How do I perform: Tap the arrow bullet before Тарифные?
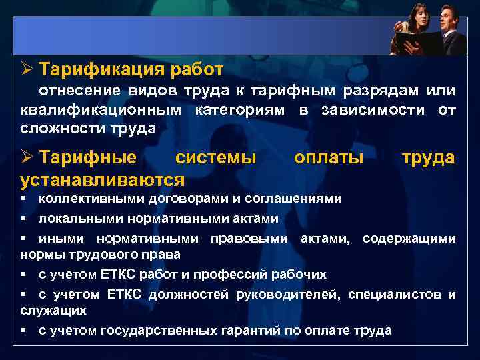[27, 158]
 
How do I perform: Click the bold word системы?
[215, 158]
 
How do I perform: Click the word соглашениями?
[294, 199]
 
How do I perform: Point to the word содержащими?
[409, 239]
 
